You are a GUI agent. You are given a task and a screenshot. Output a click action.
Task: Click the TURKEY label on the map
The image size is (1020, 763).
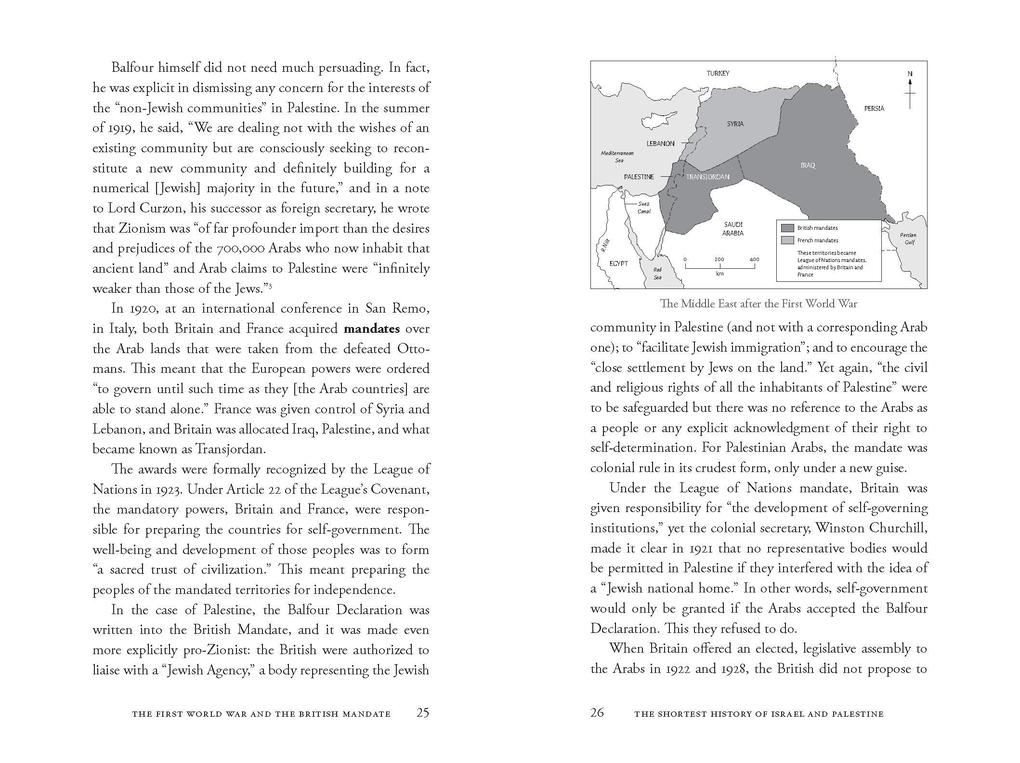718,74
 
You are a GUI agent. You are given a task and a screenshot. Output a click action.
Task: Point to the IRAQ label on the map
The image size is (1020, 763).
808,165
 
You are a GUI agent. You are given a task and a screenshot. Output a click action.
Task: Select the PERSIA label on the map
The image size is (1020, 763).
873,107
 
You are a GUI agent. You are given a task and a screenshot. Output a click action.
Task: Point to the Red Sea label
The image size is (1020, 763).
657,272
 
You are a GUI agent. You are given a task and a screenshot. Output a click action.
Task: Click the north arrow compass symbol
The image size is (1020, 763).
909,90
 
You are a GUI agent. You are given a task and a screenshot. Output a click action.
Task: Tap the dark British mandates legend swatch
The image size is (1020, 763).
786,229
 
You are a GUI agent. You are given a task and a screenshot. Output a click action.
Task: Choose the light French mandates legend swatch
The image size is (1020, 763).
786,241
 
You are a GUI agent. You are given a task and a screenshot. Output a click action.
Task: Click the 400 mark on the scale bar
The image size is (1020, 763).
754,259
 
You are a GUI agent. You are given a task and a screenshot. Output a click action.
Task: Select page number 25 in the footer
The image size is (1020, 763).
423,713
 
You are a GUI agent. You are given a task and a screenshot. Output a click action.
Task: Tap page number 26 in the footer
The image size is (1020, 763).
598,713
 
